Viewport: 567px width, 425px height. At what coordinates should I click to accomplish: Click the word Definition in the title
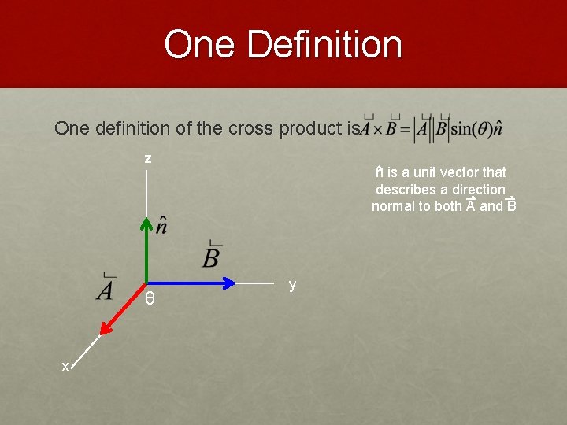[324, 45]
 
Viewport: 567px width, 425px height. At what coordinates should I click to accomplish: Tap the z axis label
[147, 159]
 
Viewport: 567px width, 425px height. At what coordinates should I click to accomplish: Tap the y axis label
[292, 285]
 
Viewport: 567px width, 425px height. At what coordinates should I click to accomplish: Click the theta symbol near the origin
[150, 299]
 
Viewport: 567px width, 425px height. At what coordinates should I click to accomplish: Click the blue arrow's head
[229, 283]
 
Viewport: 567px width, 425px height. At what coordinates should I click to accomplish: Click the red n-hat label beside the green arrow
[161, 225]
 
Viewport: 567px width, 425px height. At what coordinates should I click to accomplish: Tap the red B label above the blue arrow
[211, 256]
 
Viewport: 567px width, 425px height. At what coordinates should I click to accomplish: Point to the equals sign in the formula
[405, 129]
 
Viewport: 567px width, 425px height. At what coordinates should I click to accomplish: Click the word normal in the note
[396, 206]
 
